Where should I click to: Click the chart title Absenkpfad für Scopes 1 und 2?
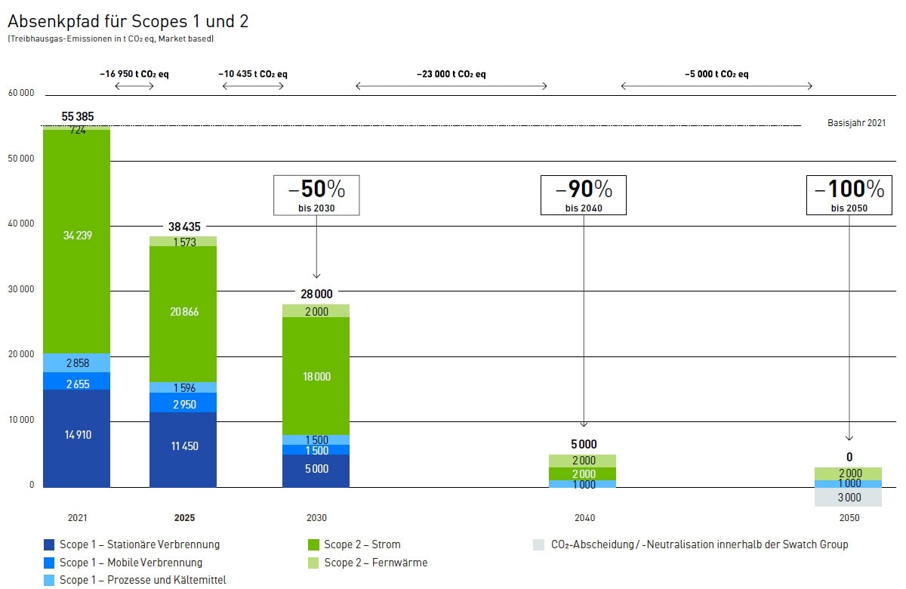pos(128,21)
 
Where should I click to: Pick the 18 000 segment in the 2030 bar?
pos(316,376)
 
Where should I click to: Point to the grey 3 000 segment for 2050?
pos(849,497)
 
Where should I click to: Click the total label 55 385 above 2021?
pos(78,117)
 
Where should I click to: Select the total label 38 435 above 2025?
pos(183,226)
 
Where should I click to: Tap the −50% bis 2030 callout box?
pos(316,195)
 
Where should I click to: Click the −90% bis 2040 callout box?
pos(584,195)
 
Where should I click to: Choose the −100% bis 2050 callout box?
pos(849,195)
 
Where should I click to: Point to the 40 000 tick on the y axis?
pos(21,224)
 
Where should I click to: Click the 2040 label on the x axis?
pos(584,518)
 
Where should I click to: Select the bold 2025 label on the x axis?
pos(184,518)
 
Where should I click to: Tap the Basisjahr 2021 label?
pos(856,123)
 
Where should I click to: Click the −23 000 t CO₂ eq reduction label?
pos(451,74)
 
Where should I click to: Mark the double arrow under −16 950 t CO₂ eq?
pos(134,86)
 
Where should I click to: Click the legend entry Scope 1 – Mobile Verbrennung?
pos(131,563)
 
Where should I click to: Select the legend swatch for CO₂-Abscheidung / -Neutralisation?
pos(538,544)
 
